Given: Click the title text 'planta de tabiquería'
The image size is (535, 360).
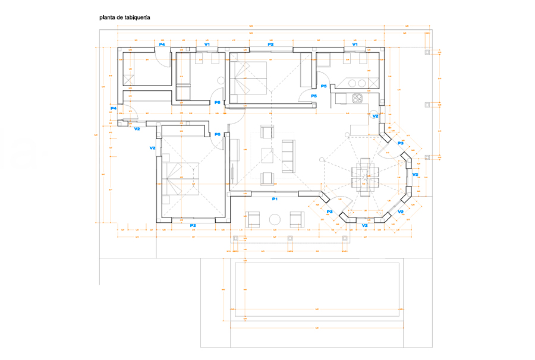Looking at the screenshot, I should (125, 18).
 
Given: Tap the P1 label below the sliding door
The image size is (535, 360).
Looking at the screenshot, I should (275, 199).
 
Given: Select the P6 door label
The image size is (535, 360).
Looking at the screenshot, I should (218, 103).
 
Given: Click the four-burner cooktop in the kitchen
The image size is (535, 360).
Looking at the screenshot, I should (357, 98).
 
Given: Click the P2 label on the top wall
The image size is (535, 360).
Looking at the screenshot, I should (270, 45).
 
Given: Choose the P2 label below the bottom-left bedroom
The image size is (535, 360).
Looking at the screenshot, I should (193, 226).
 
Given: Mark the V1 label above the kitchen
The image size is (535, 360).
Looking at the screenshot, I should (355, 45).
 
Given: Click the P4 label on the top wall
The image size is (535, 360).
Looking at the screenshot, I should (162, 45).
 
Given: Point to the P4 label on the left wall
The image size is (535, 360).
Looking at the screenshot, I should (114, 108).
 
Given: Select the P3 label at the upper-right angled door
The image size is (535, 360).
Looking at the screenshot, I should (400, 143).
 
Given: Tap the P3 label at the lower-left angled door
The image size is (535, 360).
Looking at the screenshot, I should (329, 211).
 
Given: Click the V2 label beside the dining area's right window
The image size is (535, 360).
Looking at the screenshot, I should (415, 175).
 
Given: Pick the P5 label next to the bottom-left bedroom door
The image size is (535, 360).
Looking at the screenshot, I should (218, 134).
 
